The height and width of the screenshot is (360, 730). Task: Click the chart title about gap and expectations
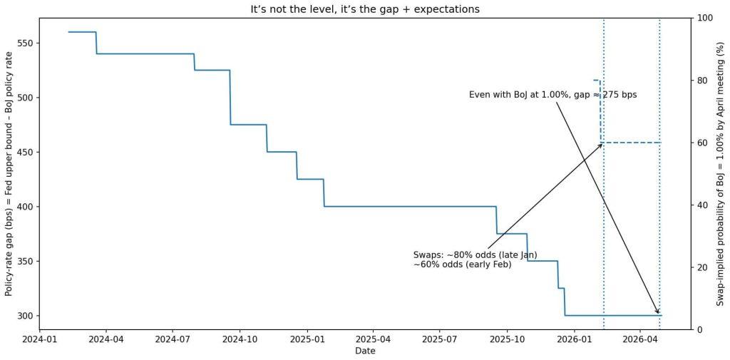(364, 9)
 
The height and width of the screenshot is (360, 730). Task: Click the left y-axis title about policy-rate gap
(9, 174)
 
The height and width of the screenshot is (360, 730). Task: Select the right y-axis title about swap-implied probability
(720, 174)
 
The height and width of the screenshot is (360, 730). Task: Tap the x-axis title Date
(364, 351)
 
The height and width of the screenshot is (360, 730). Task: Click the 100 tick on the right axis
(704, 18)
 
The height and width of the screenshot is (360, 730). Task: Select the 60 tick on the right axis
(701, 143)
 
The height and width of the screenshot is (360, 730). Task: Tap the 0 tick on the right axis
(699, 329)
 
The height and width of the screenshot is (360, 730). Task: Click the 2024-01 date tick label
(40, 340)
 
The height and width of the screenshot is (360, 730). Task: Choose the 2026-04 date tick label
(640, 340)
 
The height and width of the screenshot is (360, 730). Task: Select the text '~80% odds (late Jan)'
(475, 254)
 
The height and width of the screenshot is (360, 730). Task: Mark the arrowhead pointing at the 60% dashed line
(601, 145)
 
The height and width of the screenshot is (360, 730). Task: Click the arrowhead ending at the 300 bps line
(658, 312)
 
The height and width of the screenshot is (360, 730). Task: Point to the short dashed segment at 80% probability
(597, 81)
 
